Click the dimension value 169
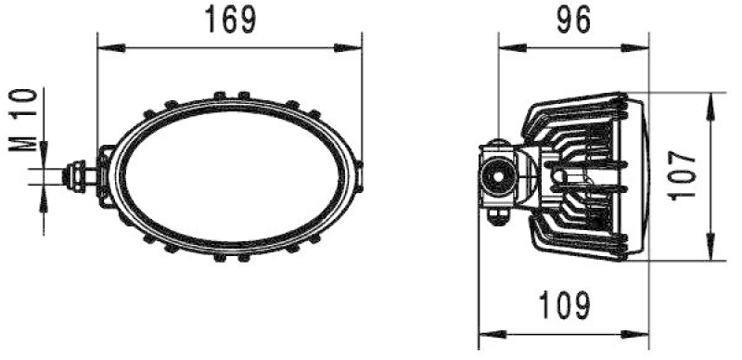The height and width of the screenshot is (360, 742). [x=229, y=20]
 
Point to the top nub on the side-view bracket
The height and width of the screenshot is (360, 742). [x=500, y=142]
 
